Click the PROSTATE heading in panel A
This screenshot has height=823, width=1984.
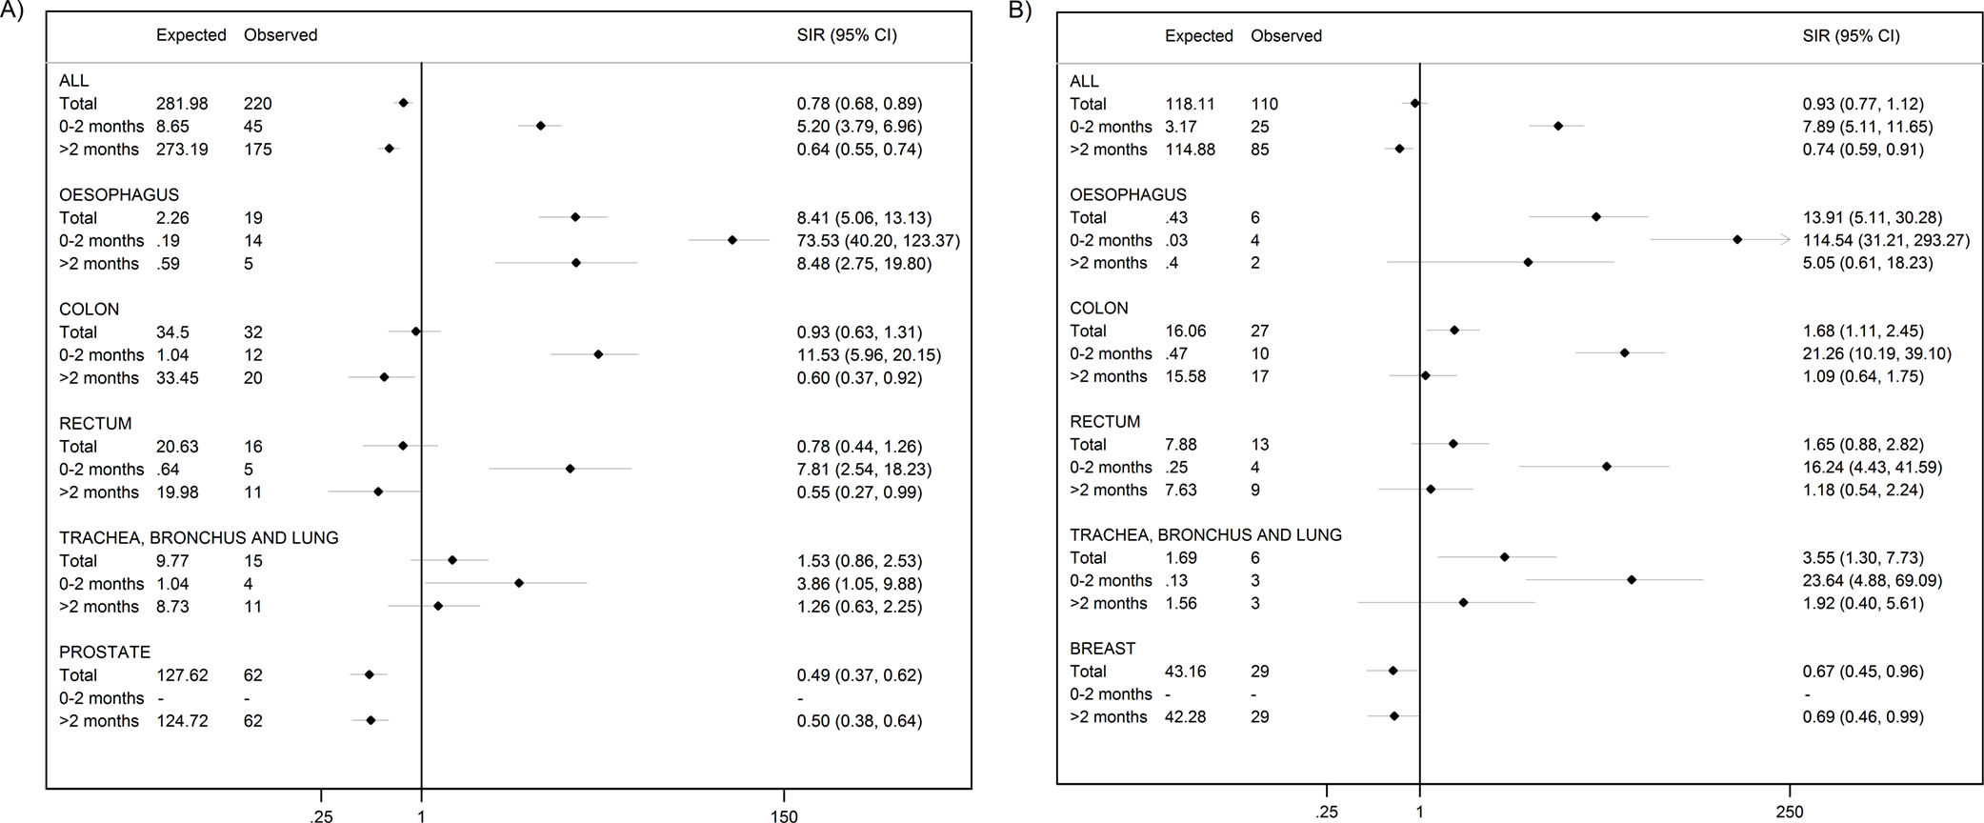click(x=105, y=652)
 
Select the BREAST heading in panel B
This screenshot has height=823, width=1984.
click(x=1103, y=649)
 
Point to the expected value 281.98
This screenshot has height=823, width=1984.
click(x=182, y=104)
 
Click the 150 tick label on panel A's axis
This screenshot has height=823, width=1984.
click(x=784, y=816)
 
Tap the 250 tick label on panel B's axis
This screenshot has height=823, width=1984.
click(x=1790, y=813)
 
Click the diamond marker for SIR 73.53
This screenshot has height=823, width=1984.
click(x=731, y=240)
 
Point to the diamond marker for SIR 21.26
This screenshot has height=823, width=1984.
click(x=1625, y=353)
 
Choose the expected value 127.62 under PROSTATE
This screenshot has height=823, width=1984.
click(x=182, y=675)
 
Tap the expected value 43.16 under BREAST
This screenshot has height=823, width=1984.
click(x=1186, y=672)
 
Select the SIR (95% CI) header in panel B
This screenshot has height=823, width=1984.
click(x=1851, y=36)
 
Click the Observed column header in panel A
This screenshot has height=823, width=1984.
click(x=280, y=35)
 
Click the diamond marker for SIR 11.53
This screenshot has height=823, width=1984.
click(x=598, y=354)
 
